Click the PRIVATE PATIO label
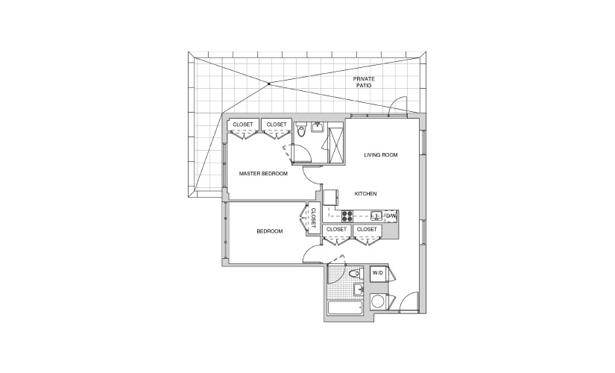[x=364, y=82]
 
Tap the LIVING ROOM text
[x=381, y=155]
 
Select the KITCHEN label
[x=365, y=193]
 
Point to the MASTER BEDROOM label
[x=263, y=174]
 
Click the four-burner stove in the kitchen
[x=347, y=216]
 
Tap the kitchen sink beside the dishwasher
[x=376, y=216]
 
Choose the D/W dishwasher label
[x=391, y=216]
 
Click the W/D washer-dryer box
[x=378, y=273]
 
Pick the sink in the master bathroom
[x=317, y=127]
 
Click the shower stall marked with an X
[x=335, y=142]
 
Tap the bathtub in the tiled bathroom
[x=345, y=308]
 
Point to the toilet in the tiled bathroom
[x=356, y=273]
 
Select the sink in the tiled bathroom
[x=359, y=289]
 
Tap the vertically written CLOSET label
[x=313, y=218]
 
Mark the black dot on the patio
[x=268, y=84]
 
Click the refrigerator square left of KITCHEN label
[x=331, y=197]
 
